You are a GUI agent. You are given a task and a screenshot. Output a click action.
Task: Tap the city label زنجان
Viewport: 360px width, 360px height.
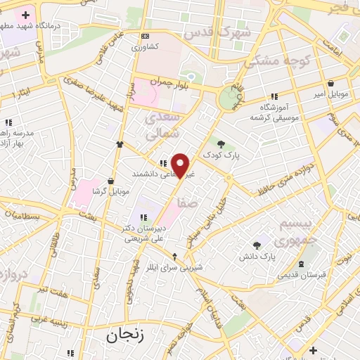pyautogui.click(x=125, y=335)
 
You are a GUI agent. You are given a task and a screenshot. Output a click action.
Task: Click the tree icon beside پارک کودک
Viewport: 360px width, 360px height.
pyautogui.click(x=221, y=143)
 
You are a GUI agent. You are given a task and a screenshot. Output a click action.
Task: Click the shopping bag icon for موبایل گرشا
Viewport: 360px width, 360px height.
pyautogui.click(x=111, y=180)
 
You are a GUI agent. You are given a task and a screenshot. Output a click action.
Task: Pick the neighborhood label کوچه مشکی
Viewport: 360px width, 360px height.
pyautogui.click(x=277, y=61)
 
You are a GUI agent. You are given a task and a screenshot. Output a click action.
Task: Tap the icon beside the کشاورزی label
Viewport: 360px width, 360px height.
pyautogui.click(x=145, y=36)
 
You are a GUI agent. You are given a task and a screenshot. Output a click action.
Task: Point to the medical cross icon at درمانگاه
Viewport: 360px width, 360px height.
pyautogui.click(x=25, y=15)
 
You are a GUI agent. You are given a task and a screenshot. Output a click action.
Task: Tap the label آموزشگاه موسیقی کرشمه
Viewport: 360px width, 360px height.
pyautogui.click(x=270, y=111)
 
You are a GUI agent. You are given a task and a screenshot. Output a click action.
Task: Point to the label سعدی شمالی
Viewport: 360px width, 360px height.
pyautogui.click(x=163, y=124)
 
